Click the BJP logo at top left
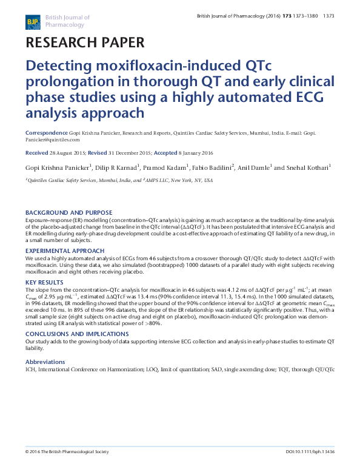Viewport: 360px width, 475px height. coord(33,22)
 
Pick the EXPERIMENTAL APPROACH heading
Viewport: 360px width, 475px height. coord(64,251)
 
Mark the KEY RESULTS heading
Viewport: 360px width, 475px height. coord(44,283)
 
